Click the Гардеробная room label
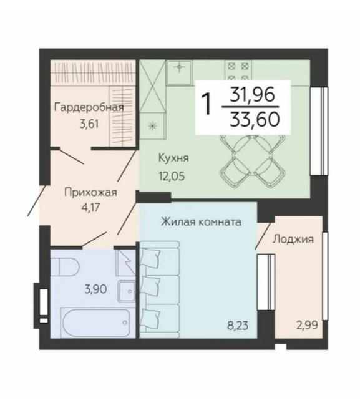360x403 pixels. (89, 107)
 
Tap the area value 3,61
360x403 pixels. (89, 124)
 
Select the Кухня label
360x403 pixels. (173, 158)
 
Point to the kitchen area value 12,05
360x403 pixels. (172, 177)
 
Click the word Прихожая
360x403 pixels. (90, 192)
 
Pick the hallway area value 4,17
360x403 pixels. (90, 207)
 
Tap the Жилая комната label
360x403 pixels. (201, 222)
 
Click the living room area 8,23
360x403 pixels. (238, 326)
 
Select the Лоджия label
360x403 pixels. (293, 240)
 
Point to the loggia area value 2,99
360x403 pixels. (307, 326)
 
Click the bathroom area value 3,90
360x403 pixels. (95, 289)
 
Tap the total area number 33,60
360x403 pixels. (255, 120)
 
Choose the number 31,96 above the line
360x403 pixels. (252, 94)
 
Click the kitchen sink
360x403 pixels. (179, 73)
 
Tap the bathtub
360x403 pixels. (95, 323)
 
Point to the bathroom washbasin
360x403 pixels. (127, 291)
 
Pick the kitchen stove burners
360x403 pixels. (238, 71)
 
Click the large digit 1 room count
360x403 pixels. (207, 104)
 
